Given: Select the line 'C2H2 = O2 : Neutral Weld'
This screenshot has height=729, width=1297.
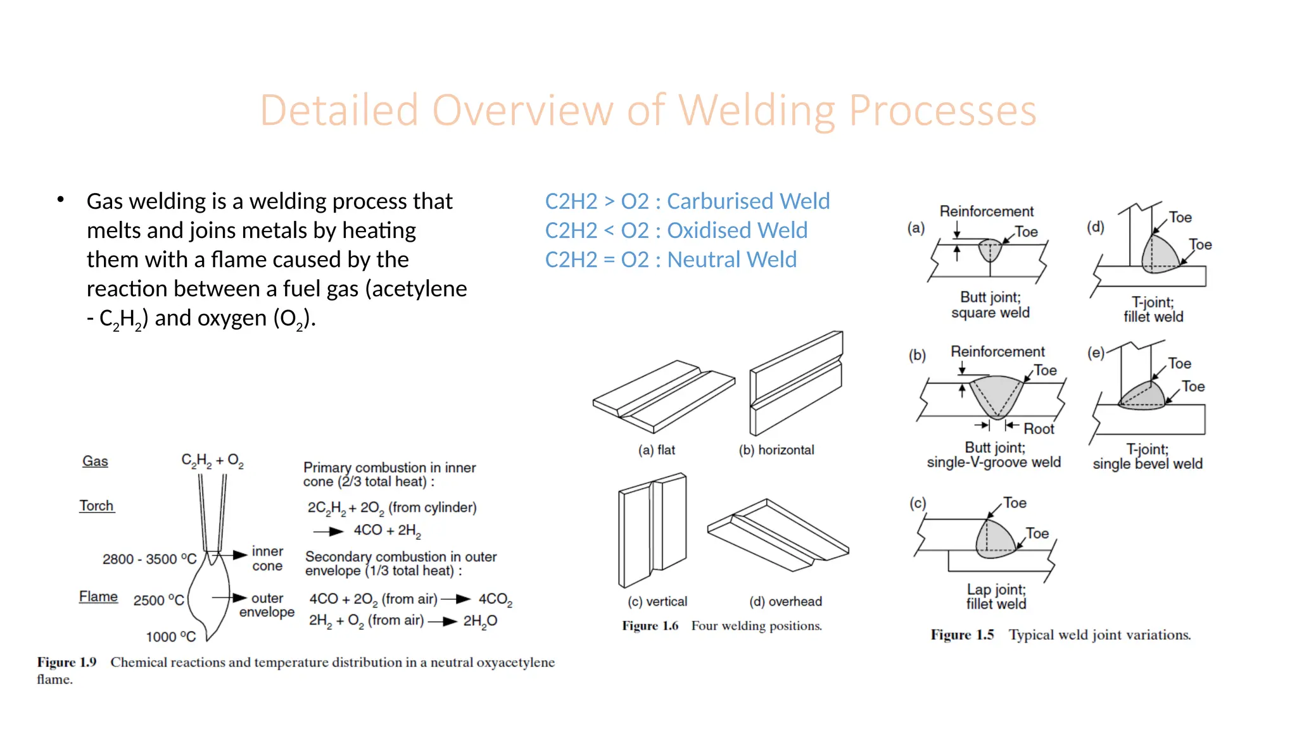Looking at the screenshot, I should point(671,259).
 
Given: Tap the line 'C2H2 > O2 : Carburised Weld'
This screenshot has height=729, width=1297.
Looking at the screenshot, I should point(687,201).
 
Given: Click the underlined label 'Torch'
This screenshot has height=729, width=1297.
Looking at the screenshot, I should point(96,506).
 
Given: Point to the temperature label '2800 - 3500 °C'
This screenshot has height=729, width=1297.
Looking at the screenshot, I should point(149,559).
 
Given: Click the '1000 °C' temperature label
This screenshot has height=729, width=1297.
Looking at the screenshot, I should point(171,637).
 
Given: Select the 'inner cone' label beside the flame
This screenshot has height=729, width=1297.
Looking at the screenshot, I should point(267,559).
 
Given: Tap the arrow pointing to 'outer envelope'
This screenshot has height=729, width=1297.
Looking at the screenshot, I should point(229,597).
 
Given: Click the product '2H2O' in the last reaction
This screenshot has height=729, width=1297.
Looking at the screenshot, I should point(480,621).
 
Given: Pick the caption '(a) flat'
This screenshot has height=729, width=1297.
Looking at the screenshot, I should point(656,450).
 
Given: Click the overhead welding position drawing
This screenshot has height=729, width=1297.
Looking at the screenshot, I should point(778,535).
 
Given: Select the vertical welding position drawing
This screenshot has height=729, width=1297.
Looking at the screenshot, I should point(652,530).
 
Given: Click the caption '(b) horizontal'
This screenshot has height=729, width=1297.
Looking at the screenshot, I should point(776,450).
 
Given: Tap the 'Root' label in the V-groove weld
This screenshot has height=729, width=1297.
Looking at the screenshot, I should point(1039,429).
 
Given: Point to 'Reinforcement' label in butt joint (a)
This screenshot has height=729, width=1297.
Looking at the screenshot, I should point(986,211).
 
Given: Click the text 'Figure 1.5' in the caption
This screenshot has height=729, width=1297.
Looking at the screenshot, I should point(962,635).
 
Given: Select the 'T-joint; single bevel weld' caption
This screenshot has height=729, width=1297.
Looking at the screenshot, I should point(1147,456).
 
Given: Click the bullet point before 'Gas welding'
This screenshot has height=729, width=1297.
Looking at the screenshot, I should point(61,200).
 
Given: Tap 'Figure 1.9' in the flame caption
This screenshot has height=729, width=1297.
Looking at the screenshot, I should point(66,663).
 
